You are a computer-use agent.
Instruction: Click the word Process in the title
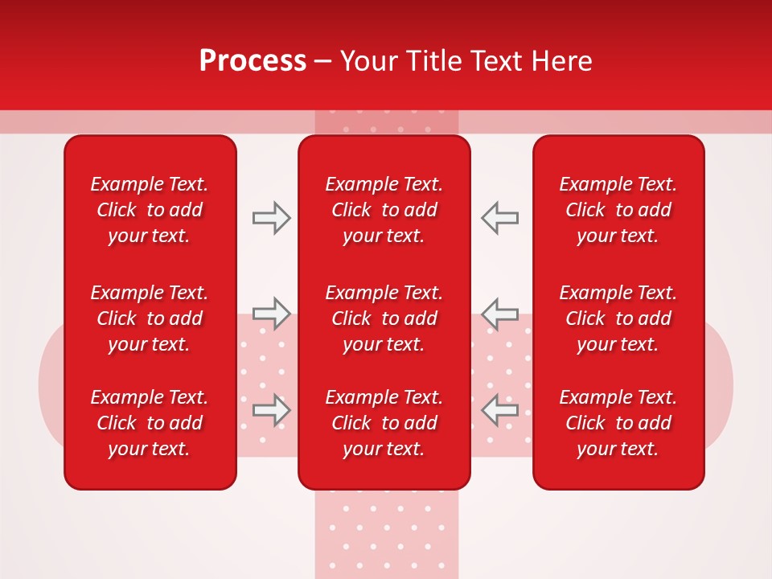pyautogui.click(x=253, y=61)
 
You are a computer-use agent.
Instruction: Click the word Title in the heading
pyautogui.click(x=432, y=61)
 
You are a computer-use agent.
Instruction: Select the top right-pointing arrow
pyautogui.click(x=272, y=218)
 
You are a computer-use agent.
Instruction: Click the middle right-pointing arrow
pyautogui.click(x=272, y=314)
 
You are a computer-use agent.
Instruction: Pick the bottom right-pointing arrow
pyautogui.click(x=272, y=410)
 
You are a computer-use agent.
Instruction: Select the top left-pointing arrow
pyautogui.click(x=499, y=218)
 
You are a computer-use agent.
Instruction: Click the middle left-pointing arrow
pyautogui.click(x=499, y=314)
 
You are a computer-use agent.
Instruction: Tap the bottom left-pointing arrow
pyautogui.click(x=499, y=410)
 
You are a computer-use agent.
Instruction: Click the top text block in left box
pyautogui.click(x=150, y=210)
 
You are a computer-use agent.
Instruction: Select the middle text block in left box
pyautogui.click(x=150, y=318)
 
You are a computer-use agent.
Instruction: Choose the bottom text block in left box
pyautogui.click(x=150, y=423)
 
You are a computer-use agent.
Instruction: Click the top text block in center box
pyautogui.click(x=384, y=210)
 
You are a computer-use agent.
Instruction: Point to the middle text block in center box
pyautogui.click(x=384, y=318)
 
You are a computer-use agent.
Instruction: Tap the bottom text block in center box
pyautogui.click(x=384, y=423)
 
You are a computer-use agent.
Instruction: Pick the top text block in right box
pyautogui.click(x=618, y=210)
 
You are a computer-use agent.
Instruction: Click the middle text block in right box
pyautogui.click(x=618, y=318)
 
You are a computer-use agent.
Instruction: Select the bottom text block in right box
pyautogui.click(x=618, y=423)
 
